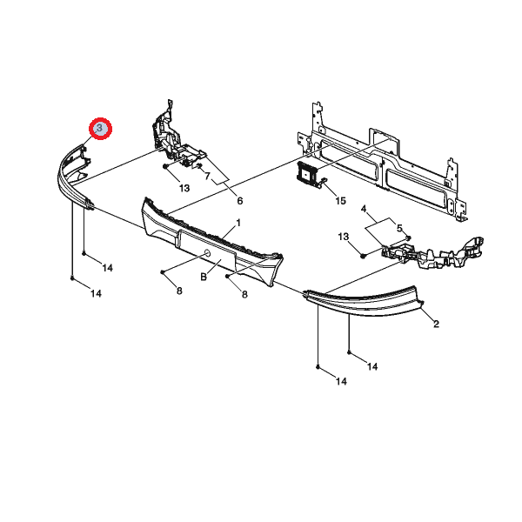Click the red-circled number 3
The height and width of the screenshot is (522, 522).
(x=100, y=129)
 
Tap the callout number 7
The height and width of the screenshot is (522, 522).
(x=207, y=176)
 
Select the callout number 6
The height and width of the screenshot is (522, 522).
(x=240, y=201)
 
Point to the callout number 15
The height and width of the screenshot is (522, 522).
(x=340, y=201)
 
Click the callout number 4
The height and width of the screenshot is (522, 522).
(x=364, y=209)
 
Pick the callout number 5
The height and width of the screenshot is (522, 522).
(x=399, y=228)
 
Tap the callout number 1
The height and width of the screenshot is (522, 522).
(x=238, y=223)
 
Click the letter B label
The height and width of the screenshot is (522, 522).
(x=204, y=277)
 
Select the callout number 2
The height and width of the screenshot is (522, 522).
(x=436, y=324)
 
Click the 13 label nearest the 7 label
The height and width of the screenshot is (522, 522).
(x=184, y=189)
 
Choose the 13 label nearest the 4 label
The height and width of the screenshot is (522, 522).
(x=344, y=237)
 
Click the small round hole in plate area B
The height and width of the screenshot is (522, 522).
(x=207, y=254)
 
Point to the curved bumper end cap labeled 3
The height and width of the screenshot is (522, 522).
(x=75, y=177)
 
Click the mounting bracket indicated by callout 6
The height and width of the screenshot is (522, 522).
(x=176, y=137)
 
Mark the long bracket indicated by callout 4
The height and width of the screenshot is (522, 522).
(x=432, y=253)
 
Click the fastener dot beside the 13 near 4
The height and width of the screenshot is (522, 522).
(x=363, y=256)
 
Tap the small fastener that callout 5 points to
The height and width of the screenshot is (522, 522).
(x=409, y=238)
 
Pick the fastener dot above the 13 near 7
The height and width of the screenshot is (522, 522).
(x=165, y=166)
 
